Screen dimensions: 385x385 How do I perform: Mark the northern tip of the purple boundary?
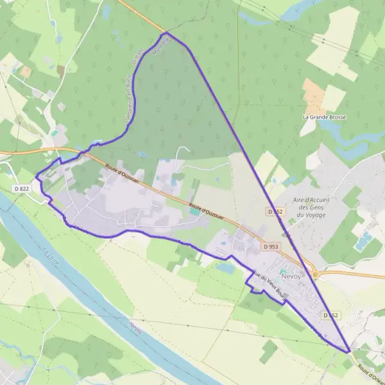click(166, 33)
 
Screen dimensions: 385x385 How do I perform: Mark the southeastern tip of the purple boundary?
click(350, 352)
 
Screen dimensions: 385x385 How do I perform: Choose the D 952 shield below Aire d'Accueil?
click(275, 211)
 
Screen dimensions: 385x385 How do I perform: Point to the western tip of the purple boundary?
click(36, 176)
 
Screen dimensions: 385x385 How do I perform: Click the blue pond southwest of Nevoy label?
click(226, 268)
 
